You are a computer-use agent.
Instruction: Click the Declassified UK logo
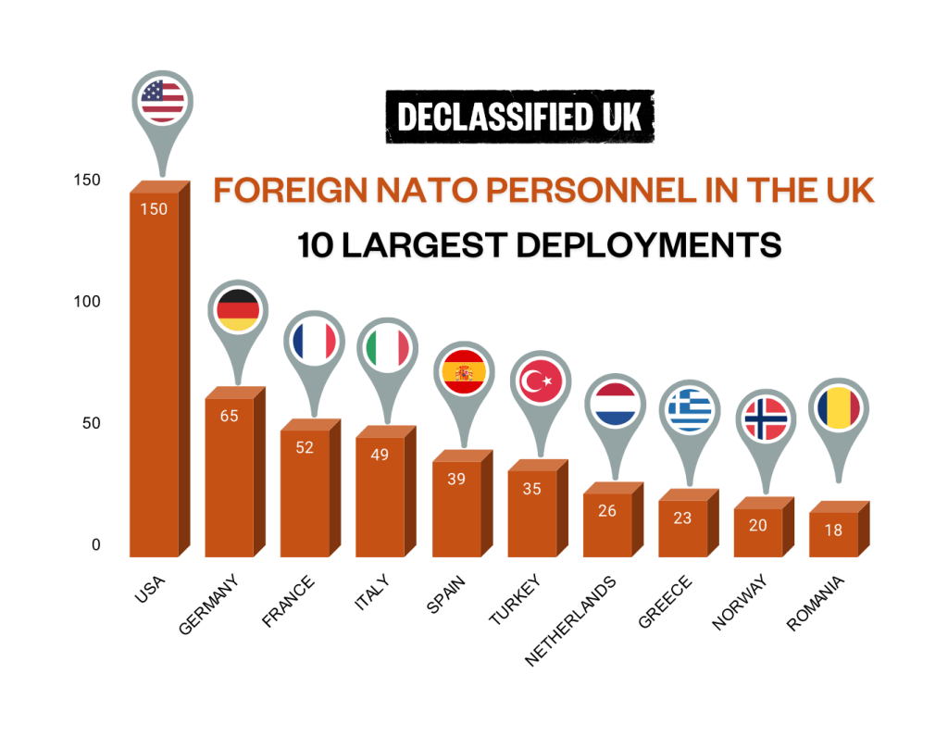point(520,117)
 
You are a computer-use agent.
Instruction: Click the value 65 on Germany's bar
point(230,416)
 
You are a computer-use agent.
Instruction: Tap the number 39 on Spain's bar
point(456,480)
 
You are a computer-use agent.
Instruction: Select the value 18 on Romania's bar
point(833,531)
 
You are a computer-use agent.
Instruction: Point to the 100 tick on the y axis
point(87,302)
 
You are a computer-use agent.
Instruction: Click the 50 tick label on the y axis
point(92,423)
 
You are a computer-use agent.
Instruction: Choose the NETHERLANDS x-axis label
point(570,621)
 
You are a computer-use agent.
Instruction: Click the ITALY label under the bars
point(372,593)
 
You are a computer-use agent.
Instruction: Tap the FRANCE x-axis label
point(289,602)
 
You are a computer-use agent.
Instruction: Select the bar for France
point(311,487)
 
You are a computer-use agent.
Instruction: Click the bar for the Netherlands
point(613,519)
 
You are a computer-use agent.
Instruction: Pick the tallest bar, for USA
point(160,368)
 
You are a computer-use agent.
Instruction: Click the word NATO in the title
point(427,191)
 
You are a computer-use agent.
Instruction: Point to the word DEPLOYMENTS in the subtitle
point(649,245)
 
